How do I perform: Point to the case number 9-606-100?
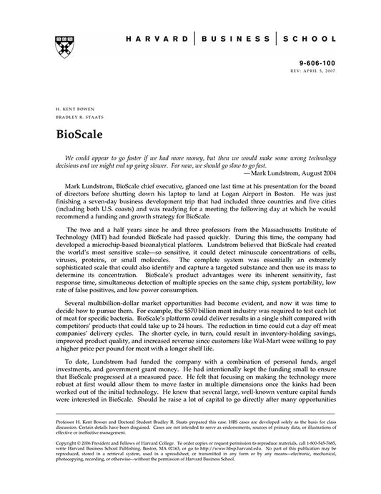[320, 64]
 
